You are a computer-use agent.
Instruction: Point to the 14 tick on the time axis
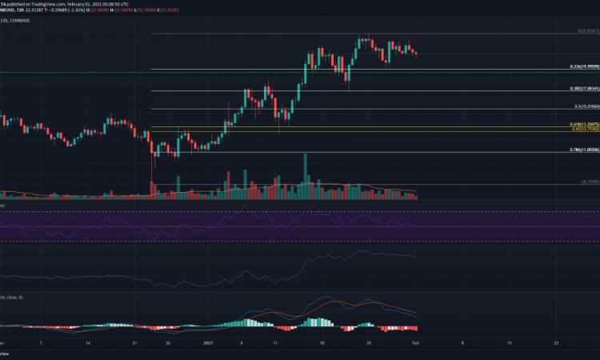click(x=88, y=342)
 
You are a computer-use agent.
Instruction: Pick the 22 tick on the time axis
click(x=555, y=342)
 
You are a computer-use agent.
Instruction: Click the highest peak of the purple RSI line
click(x=307, y=210)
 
